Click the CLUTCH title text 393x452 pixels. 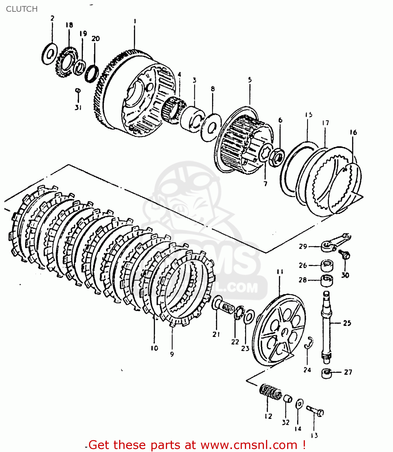[x=22, y=9]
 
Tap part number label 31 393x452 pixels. [x=78, y=107]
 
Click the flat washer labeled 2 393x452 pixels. [x=49, y=54]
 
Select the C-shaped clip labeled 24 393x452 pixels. [x=309, y=343]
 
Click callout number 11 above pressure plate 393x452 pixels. [x=280, y=272]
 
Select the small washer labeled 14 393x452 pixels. [x=299, y=404]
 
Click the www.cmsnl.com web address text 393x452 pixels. [x=249, y=445]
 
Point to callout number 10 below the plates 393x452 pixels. [x=154, y=348]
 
